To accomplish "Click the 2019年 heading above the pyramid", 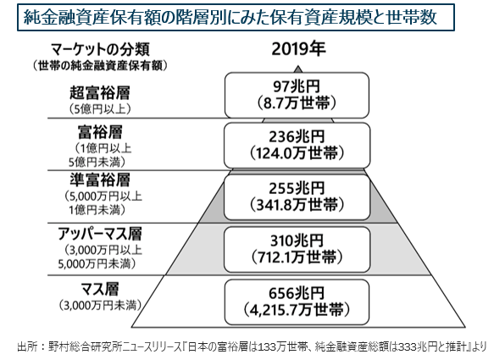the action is [x=298, y=49].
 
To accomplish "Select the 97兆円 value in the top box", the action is [x=297, y=86].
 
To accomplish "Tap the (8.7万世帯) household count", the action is [x=297, y=103].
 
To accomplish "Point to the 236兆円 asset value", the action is [x=297, y=137].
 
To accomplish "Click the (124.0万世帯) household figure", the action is [x=297, y=153].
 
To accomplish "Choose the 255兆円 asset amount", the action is [x=297, y=188].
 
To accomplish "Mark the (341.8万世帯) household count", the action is [x=297, y=205].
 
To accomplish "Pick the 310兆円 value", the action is [x=297, y=241].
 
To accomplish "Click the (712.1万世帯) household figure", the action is [x=297, y=258].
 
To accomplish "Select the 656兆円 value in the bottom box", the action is [x=297, y=294].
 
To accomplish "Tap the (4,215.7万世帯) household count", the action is [x=297, y=310].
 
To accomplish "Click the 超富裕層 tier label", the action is [x=99, y=92].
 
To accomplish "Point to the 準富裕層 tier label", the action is [x=99, y=180].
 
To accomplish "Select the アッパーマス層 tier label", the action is [x=99, y=234].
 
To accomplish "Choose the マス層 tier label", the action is [x=99, y=289].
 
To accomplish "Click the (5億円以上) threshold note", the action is [x=99, y=109].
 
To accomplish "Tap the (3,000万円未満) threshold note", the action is [x=99, y=305].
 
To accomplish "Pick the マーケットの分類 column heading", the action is [x=100, y=50].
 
